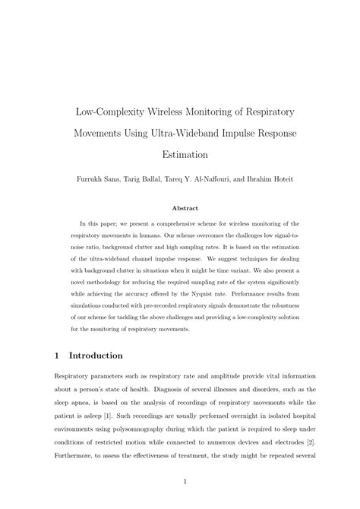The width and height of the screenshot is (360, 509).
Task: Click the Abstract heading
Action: pyautogui.click(x=185, y=207)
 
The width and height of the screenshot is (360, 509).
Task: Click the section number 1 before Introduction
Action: pyautogui.click(x=58, y=355)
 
